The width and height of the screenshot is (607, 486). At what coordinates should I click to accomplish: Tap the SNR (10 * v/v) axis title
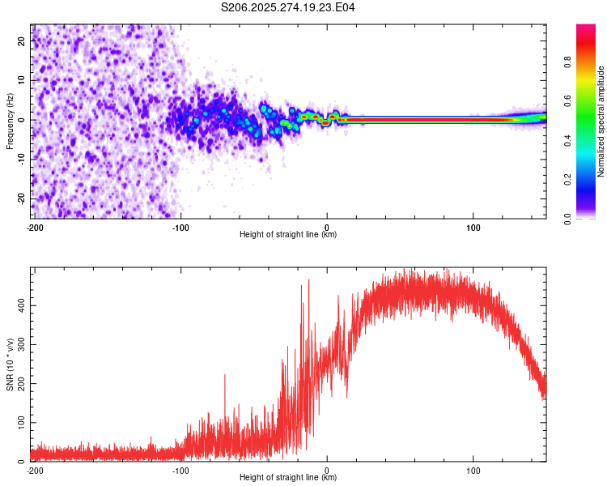pyautogui.click(x=10, y=364)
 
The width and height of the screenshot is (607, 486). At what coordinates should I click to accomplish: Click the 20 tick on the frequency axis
pyautogui.click(x=22, y=42)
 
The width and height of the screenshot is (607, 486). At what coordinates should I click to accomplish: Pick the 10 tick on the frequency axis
pyautogui.click(x=22, y=81)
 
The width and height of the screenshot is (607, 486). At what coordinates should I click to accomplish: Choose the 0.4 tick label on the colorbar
pyautogui.click(x=568, y=140)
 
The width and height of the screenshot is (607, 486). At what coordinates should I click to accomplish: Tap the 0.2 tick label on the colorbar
pyautogui.click(x=568, y=179)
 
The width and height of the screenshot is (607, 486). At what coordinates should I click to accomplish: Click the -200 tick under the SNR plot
pyautogui.click(x=35, y=470)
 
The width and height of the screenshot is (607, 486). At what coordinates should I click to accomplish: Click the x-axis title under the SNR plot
pyautogui.click(x=288, y=479)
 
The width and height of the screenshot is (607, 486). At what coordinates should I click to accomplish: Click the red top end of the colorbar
pyautogui.click(x=586, y=29)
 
